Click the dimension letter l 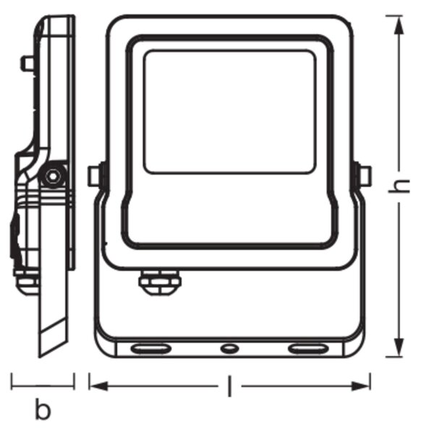click(x=229, y=386)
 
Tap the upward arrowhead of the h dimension click(x=399, y=25)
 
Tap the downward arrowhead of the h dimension click(x=399, y=347)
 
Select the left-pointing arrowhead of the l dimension click(x=98, y=386)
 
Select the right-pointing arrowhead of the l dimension click(x=361, y=386)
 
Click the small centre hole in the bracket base click(x=229, y=348)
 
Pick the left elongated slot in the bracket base click(x=151, y=349)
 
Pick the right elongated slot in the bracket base click(x=308, y=349)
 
